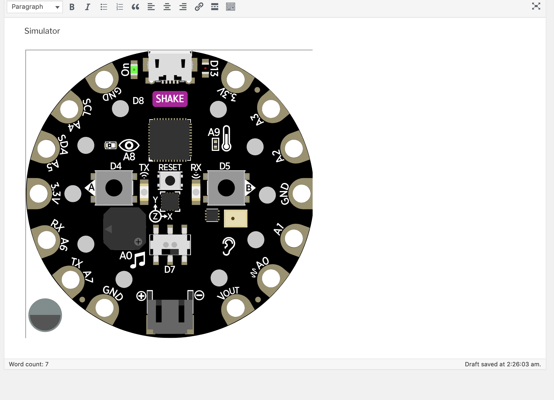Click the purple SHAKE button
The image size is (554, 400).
coord(170,99)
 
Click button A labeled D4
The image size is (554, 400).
coord(114,188)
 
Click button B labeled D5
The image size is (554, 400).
coord(226,188)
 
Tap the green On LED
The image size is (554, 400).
coord(134,70)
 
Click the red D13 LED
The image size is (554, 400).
coord(205,68)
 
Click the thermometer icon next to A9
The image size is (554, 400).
coord(226,139)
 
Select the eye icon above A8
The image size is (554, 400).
coord(129,145)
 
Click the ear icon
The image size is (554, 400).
coord(229,246)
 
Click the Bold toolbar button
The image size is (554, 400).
coord(72,7)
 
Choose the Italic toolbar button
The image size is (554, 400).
coord(88,7)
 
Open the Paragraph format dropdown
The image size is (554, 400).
coord(35,7)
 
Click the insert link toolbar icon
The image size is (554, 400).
coord(199,7)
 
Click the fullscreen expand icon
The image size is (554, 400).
coord(536,6)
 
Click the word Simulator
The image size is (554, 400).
coord(42,31)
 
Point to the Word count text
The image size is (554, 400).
coord(29,364)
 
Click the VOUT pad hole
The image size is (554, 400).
coord(236,308)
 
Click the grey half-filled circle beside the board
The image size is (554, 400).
coord(45,315)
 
